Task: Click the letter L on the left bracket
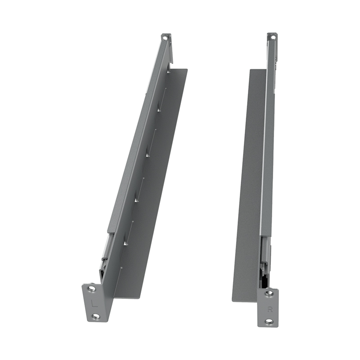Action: [x=94, y=303]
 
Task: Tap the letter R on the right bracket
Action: [x=270, y=309]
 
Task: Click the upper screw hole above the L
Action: [x=91, y=288]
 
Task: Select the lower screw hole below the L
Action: [x=95, y=316]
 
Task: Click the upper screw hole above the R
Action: [x=269, y=293]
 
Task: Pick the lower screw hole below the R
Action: [x=269, y=321]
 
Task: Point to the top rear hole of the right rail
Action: [x=272, y=37]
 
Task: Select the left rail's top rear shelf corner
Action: [x=186, y=70]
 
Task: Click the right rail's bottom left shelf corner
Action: [x=233, y=301]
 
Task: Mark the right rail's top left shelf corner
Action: [x=250, y=70]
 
